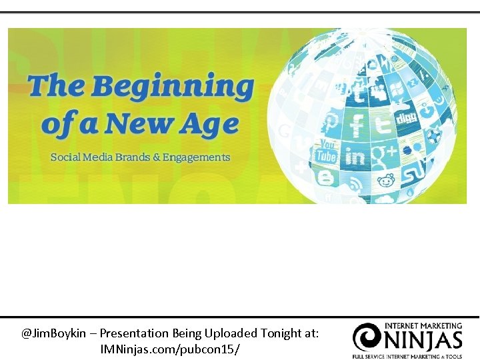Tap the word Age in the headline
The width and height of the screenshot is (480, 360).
[x=213, y=125]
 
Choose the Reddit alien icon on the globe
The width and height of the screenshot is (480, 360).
[x=386, y=181]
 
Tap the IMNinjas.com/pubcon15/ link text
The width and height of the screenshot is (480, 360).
[x=170, y=349]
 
